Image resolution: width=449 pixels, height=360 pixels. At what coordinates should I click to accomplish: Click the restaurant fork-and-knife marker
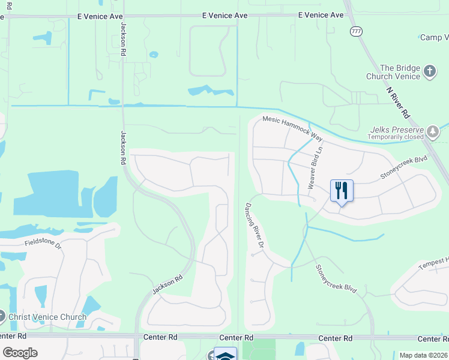(x=342, y=191)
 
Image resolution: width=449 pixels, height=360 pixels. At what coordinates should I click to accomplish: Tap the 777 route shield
(x=356, y=31)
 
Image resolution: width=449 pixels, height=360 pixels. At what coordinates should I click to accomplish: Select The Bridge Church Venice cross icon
(x=429, y=72)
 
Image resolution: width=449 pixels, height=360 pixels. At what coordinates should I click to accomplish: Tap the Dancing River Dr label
(x=254, y=226)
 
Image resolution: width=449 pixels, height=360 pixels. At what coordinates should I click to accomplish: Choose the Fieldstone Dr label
(x=43, y=244)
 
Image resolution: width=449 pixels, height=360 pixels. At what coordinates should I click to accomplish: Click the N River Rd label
(x=397, y=102)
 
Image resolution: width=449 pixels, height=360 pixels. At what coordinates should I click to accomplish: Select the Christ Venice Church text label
(x=43, y=317)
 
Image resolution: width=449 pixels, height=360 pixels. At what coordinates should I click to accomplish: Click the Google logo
(x=20, y=353)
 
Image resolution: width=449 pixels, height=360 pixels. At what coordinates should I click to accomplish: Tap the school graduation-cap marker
(x=225, y=355)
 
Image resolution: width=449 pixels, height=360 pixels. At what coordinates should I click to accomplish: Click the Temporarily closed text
(x=397, y=137)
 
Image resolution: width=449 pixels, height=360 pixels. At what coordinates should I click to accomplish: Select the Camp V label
(x=434, y=38)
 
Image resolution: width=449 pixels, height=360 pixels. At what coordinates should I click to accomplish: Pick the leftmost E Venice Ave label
(x=99, y=16)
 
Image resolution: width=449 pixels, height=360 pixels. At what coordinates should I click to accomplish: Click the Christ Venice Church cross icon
(x=1, y=316)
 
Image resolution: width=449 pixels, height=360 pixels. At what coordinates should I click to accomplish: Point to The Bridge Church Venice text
(x=393, y=72)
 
